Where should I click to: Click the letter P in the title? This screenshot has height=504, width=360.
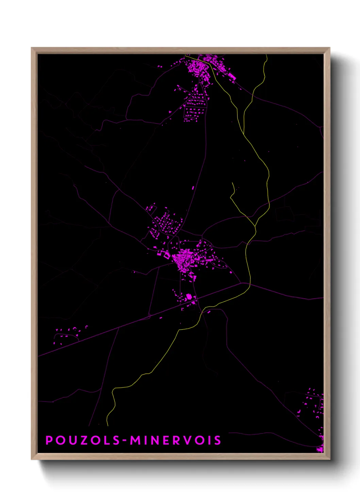pyautogui.click(x=49, y=440)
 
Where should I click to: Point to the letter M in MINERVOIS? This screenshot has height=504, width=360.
pyautogui.click(x=135, y=440)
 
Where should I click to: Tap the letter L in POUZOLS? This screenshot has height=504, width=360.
pyautogui.click(x=107, y=440)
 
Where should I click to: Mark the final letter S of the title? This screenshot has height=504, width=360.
pyautogui.click(x=217, y=440)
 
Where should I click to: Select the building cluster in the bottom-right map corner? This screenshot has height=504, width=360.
pyautogui.click(x=315, y=409)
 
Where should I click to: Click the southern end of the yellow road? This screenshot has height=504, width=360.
pyautogui.click(x=108, y=425)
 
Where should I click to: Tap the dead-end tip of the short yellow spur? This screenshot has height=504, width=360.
pyautogui.click(x=233, y=183)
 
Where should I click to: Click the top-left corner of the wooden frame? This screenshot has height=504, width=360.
pyautogui.click(x=32, y=48)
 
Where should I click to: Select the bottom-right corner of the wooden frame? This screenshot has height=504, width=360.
pyautogui.click(x=329, y=459)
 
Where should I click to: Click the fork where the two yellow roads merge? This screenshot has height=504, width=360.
pyautogui.click(x=255, y=226)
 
